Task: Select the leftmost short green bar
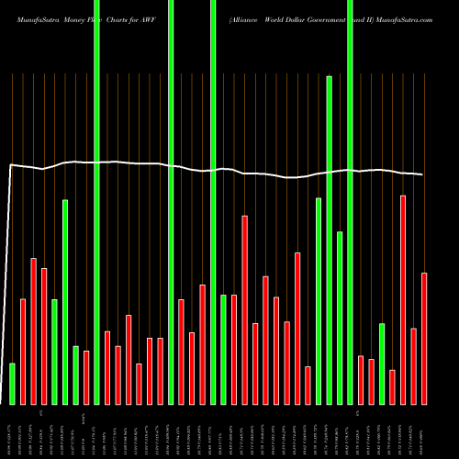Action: [x=13, y=384]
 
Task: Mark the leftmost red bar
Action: [x=23, y=352]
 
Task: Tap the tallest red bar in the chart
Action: [x=403, y=299]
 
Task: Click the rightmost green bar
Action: [x=382, y=364]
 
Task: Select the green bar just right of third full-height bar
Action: [x=223, y=349]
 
